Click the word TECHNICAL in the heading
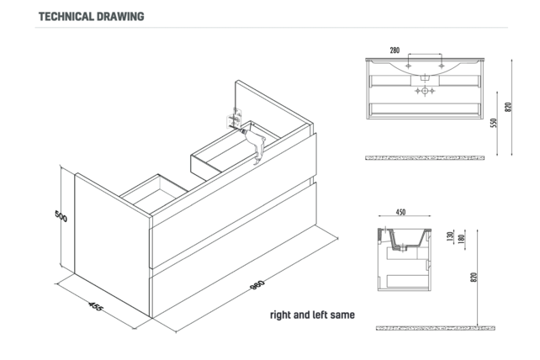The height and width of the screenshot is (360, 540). coord(66,17)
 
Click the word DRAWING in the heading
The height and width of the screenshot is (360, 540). coord(120,17)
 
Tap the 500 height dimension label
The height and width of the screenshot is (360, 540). coord(61,216)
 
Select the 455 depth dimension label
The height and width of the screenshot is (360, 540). coord(95,306)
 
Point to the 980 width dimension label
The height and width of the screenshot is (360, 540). coord(257,284)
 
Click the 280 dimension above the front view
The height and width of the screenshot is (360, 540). coord(394,50)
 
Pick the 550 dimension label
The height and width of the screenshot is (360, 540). coord(494,123)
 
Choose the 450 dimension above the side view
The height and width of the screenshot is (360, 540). coord(400,212)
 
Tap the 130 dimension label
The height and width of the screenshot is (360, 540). coord(450,236)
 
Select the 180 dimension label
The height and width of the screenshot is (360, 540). coord(462,238)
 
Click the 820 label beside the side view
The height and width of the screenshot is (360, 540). coord(474,278)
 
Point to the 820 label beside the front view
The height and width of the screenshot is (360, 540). coord(508,107)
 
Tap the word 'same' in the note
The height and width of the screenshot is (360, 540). coord(342,315)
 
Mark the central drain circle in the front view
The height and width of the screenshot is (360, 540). coord(425,91)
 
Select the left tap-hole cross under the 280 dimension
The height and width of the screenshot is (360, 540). coord(408,66)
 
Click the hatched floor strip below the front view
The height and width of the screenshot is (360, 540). coord(425,158)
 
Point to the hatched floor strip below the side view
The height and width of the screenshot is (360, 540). coord(436,328)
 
